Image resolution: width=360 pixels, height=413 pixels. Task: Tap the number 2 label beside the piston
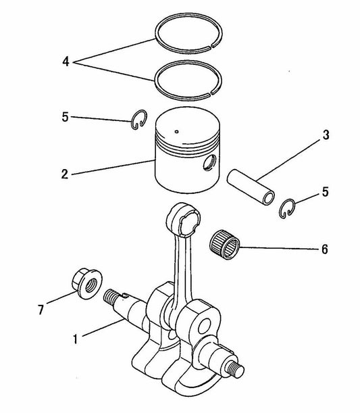64,174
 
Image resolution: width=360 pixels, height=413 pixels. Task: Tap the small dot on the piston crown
176,130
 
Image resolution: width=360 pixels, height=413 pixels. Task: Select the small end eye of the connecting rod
186,218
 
